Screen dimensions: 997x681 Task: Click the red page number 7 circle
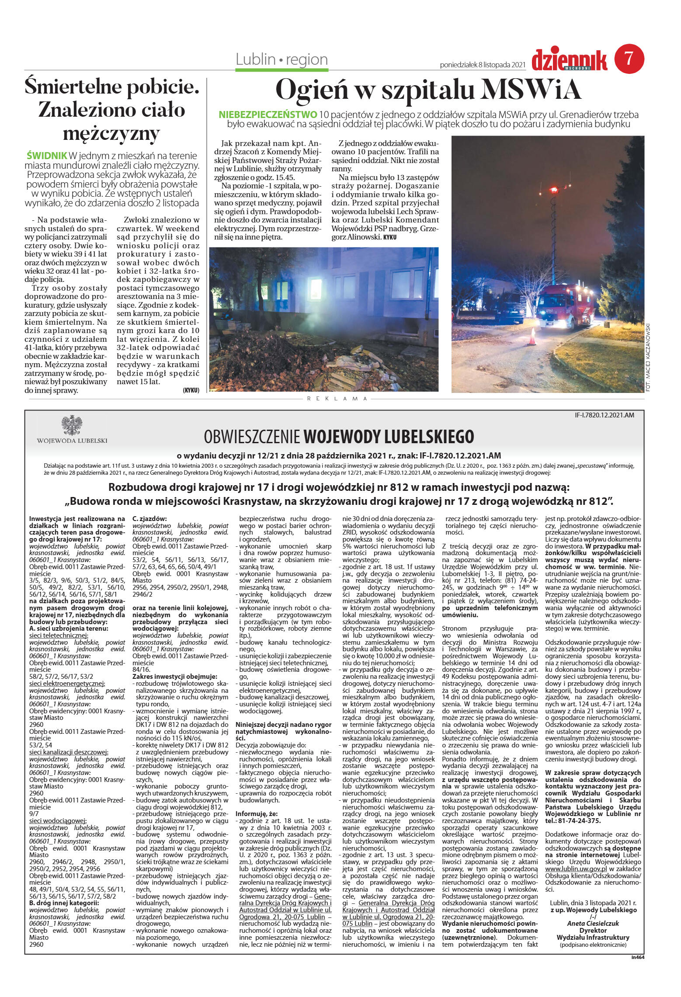tap(629, 59)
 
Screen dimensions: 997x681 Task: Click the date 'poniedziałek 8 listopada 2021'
tap(482, 65)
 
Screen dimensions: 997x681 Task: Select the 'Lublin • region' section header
tap(281, 59)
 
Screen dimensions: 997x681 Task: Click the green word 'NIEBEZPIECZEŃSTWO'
tap(268, 115)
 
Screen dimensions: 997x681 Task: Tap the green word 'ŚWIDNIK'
tap(47, 156)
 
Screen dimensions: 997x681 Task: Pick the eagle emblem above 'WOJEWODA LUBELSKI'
tap(72, 425)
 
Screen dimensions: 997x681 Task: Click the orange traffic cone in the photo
tap(532, 337)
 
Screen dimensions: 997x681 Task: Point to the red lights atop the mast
tap(553, 190)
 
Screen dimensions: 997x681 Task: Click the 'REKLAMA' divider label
tap(337, 399)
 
